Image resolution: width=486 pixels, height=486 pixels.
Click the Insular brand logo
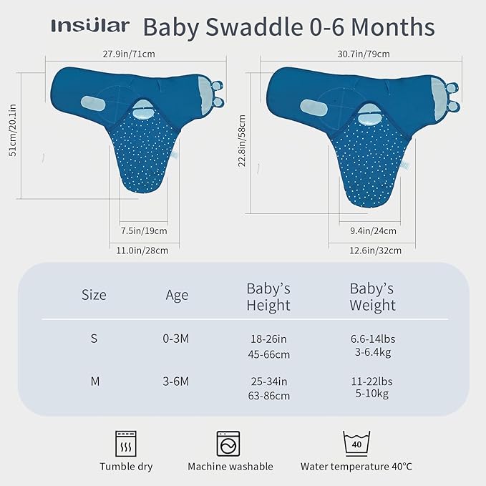pos(90,26)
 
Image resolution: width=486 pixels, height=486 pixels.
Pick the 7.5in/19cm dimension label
pos(144,230)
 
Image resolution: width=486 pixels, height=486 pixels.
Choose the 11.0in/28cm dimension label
pos(143,251)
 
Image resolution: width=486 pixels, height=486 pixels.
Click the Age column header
pos(177,295)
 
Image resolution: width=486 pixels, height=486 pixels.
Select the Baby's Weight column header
pos(372,297)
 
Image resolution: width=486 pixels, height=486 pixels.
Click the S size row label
pos(94,339)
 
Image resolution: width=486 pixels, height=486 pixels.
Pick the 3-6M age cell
pos(176,381)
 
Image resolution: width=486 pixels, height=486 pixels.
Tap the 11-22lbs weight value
pos(371,381)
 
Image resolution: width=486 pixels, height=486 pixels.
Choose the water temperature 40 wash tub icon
pos(356,444)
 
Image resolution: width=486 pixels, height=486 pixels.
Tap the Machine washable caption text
pos(230,467)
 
